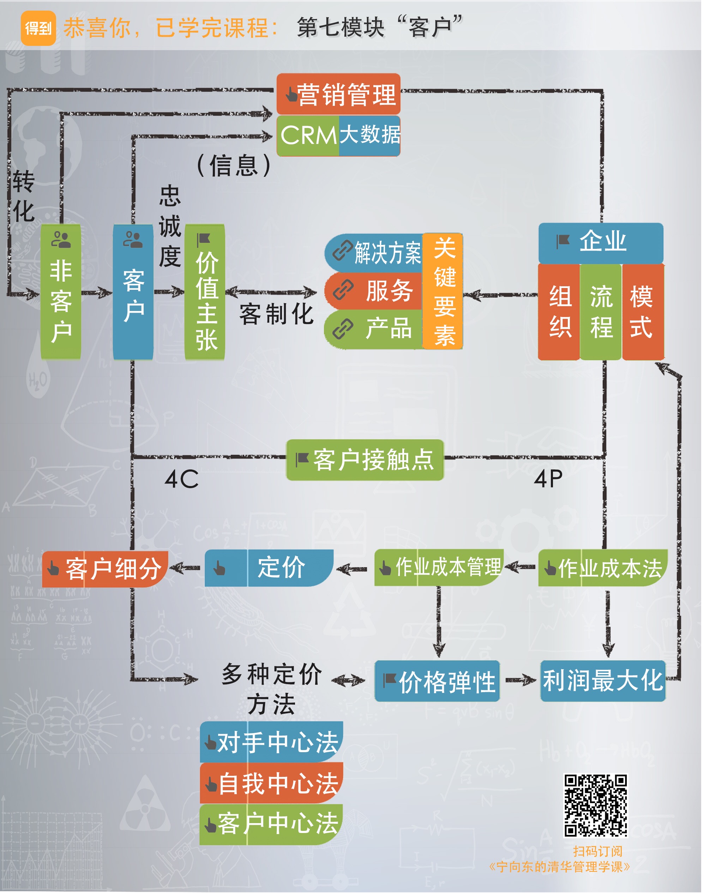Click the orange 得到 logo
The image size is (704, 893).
coord(38,28)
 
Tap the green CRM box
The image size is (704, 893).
coord(308,136)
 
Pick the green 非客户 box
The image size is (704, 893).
coord(61,292)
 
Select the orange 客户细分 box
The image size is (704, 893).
coord(106,569)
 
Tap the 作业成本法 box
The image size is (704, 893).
coord(603,569)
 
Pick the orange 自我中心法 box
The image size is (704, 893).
coord(272,783)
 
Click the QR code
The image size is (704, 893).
coord(596,806)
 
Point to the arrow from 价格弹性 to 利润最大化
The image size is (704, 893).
coord(521,681)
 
